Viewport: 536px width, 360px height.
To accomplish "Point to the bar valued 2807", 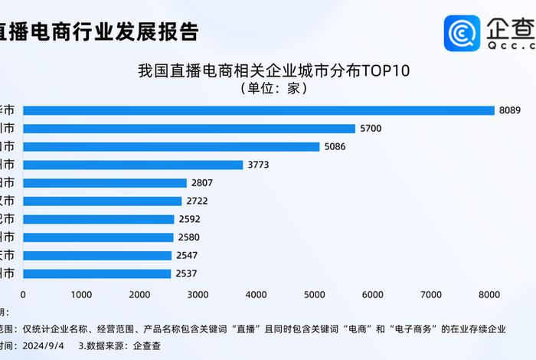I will click(105, 183).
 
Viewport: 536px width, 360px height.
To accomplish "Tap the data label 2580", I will click(188, 237).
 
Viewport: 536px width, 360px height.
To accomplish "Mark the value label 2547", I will click(188, 255).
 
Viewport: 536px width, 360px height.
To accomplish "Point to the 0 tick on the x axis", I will click(23, 295).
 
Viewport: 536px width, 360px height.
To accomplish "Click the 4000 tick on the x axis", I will click(256, 295).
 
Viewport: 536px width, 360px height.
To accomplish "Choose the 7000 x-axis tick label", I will click(430, 295).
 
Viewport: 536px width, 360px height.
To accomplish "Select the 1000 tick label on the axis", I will click(81, 295).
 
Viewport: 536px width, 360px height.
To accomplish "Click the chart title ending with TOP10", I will click(274, 72).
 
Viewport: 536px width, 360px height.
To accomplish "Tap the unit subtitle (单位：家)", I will click(274, 89).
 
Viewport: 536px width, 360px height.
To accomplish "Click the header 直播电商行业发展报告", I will click(100, 32).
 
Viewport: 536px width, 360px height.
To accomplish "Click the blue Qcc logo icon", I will click(462, 33).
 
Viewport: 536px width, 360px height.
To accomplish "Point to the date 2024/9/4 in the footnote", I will click(53, 345).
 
